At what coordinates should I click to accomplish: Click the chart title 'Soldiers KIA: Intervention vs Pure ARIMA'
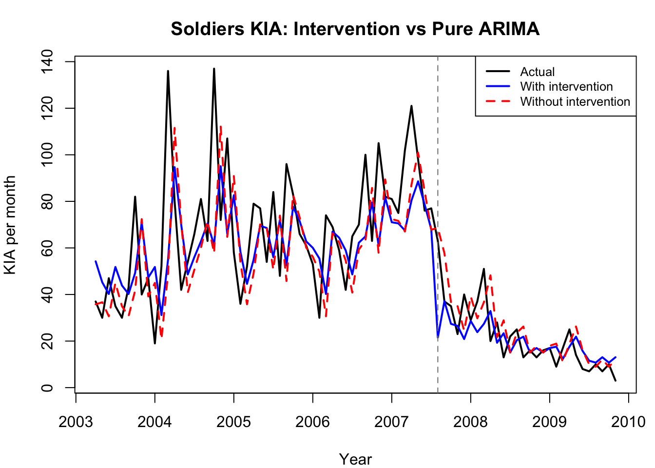[x=355, y=29]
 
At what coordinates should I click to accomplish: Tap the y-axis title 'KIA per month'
[x=10, y=225]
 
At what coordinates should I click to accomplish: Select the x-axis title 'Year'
[x=355, y=459]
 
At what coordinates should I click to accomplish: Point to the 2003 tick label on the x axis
[x=76, y=421]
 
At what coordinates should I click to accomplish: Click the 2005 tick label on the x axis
[x=233, y=421]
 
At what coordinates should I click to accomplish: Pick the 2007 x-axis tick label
[x=391, y=421]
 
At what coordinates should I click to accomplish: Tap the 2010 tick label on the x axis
[x=628, y=421]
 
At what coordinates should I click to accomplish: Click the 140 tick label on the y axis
[x=47, y=61]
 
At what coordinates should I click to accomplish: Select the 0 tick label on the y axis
[x=47, y=388]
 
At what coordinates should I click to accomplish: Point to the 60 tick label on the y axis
[x=47, y=248]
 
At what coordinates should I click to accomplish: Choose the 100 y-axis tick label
[x=47, y=155]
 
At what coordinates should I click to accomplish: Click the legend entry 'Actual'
[x=537, y=72]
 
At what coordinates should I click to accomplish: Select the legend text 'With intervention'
[x=566, y=86]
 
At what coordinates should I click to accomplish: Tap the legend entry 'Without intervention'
[x=575, y=101]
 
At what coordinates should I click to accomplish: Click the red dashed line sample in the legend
[x=498, y=101]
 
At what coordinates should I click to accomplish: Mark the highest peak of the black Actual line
[x=214, y=69]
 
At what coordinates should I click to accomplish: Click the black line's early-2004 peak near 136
[x=168, y=71]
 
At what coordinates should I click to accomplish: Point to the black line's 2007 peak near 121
[x=411, y=106]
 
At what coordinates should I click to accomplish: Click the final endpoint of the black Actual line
[x=616, y=380]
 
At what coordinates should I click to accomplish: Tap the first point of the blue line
[x=96, y=261]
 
